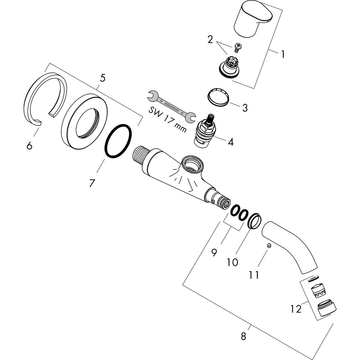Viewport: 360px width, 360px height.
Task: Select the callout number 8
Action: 243,336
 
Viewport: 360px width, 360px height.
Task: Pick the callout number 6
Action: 29,146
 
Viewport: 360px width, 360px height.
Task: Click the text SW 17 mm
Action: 167,120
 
